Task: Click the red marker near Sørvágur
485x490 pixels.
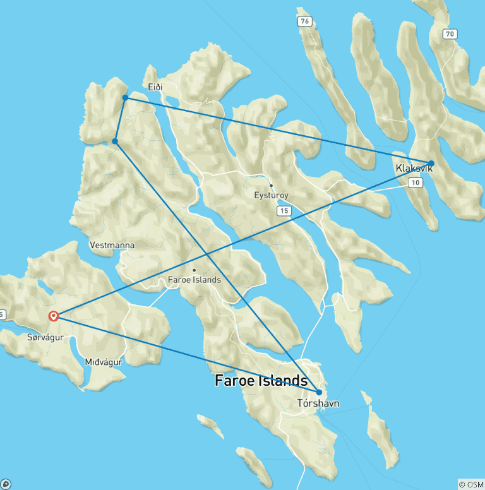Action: [x=54, y=316]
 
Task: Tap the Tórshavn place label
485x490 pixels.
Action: [x=318, y=403]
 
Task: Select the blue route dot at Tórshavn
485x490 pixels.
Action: [x=319, y=392]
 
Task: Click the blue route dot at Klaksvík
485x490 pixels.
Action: [x=431, y=163]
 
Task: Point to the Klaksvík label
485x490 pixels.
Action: [x=414, y=169]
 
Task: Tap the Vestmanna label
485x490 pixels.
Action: [x=112, y=245]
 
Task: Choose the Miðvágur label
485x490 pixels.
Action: [x=103, y=362]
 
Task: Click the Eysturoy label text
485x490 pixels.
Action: [x=271, y=196]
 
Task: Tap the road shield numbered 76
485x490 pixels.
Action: [x=306, y=22]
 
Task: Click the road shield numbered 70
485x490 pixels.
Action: [x=449, y=34]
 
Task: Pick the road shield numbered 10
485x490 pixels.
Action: [x=415, y=183]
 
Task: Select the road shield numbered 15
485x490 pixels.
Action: [x=283, y=210]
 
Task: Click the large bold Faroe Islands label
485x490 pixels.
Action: [x=261, y=381]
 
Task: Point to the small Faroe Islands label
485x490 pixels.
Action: [x=194, y=280]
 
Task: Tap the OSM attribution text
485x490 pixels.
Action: [x=470, y=484]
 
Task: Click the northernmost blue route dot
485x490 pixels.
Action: [x=125, y=97]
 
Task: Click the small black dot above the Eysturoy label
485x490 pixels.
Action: [x=271, y=185]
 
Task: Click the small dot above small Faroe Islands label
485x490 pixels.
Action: [x=194, y=270]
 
